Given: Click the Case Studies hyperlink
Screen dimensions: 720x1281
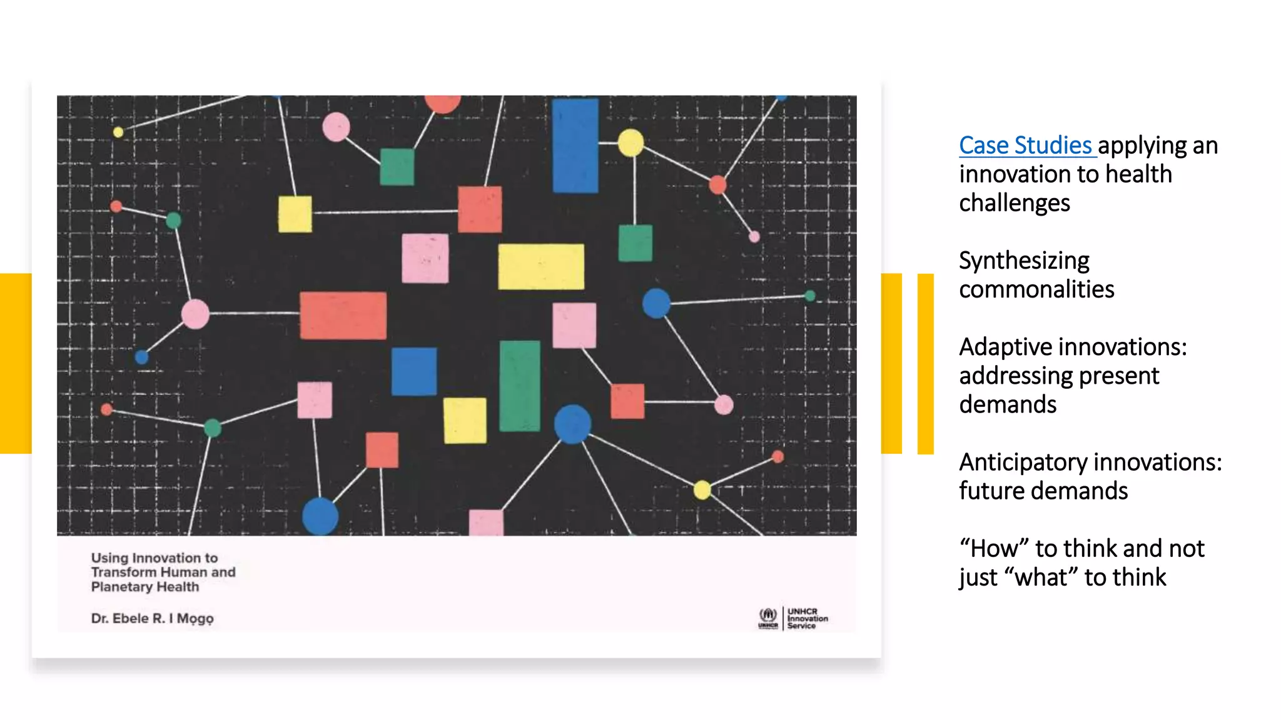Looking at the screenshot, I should (1025, 146).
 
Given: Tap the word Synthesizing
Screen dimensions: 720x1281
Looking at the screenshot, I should (1024, 261).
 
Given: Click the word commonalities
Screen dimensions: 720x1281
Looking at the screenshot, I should (1036, 289).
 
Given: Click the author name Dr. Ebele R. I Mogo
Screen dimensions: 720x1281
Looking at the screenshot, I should (152, 618).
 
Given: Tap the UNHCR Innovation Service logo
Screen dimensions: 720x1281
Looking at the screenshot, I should (792, 618).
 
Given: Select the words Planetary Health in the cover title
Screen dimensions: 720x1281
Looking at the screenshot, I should (145, 587).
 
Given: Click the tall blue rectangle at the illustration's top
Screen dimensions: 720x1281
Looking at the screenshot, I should (575, 145).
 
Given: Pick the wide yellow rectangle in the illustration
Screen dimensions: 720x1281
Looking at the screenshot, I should (541, 267).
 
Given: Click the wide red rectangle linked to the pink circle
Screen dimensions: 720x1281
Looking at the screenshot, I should (343, 316).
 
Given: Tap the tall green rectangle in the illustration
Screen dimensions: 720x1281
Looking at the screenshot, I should (519, 386).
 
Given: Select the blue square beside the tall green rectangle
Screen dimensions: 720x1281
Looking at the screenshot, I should (414, 371).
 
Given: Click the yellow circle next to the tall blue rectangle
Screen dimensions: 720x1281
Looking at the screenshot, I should (630, 143).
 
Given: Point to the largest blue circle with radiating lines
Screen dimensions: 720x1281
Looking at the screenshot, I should (572, 424).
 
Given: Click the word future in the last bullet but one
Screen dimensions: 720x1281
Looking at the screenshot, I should (992, 491).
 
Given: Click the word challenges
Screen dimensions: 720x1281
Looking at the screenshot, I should (1014, 203).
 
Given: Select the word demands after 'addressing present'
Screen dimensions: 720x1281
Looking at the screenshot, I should (1008, 405).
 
